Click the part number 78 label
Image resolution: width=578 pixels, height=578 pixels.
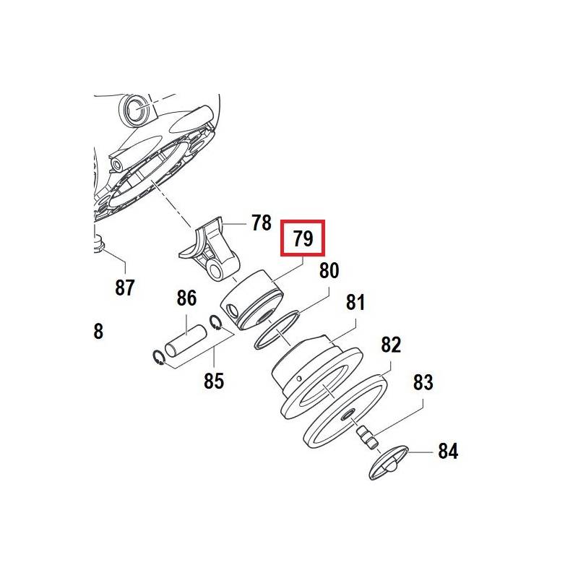(x=262, y=223)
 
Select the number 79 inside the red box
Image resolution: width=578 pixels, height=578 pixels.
(x=303, y=238)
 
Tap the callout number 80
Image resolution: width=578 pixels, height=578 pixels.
(x=329, y=270)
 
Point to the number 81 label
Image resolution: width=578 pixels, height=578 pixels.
(x=355, y=302)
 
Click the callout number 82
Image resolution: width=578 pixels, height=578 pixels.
(x=391, y=345)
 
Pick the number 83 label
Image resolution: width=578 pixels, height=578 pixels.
(x=423, y=382)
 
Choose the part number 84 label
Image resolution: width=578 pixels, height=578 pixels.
(x=448, y=451)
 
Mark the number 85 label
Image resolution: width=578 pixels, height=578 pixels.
(x=214, y=381)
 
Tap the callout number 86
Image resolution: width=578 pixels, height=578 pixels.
(x=187, y=298)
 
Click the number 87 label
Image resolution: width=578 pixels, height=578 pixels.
(x=124, y=288)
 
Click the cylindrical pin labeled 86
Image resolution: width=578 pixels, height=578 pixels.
(x=186, y=340)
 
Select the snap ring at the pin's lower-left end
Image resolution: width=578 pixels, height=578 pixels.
(x=158, y=358)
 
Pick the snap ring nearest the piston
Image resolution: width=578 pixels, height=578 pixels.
(x=215, y=322)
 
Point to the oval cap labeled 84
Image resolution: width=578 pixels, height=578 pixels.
(x=389, y=462)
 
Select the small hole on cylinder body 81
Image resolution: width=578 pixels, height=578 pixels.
(x=299, y=378)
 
